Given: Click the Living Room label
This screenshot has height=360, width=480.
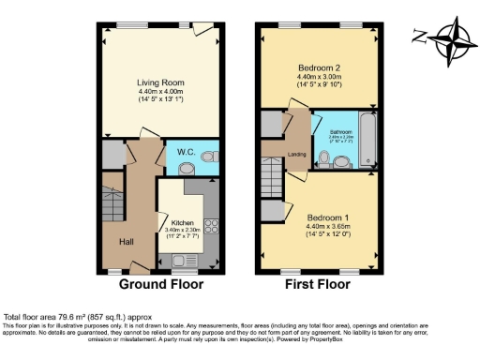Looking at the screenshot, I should (158, 81).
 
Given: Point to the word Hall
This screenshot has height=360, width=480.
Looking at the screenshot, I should (126, 241).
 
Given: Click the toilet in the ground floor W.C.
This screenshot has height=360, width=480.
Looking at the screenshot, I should (187, 168).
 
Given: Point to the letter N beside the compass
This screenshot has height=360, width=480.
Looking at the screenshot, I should (418, 37).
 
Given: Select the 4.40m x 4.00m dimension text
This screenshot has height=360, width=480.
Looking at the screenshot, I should (158, 90).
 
